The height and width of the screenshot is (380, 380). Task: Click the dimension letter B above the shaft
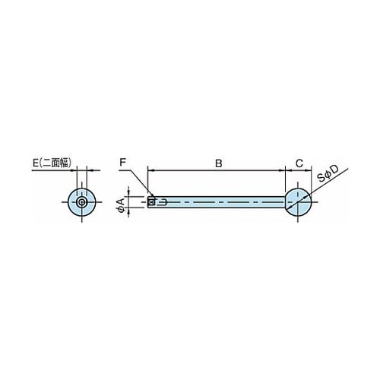coord(218,163)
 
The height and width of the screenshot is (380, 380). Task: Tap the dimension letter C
coord(299,163)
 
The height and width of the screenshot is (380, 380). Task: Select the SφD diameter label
coord(328,174)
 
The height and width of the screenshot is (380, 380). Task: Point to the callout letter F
coord(123,163)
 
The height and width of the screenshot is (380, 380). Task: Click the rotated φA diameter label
coord(120,204)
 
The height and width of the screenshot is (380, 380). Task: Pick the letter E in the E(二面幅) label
coord(36,163)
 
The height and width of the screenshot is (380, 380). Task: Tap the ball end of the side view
coord(298,202)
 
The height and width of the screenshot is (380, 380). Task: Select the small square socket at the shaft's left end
coord(151,202)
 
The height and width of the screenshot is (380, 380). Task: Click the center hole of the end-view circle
coord(81,202)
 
